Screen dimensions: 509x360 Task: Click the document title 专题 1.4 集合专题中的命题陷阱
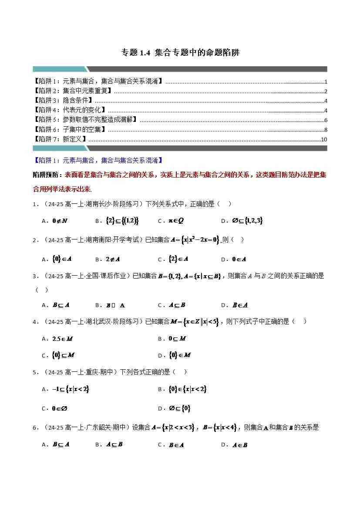pyautogui.click(x=180, y=53)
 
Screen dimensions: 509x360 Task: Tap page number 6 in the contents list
pyautogui.click(x=326, y=120)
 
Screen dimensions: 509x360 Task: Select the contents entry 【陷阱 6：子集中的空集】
pyautogui.click(x=69, y=130)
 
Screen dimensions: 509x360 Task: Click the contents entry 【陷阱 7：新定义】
pyautogui.click(x=60, y=139)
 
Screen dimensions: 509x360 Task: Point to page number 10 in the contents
pyautogui.click(x=324, y=139)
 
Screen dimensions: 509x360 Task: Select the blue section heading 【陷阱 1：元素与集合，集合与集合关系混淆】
pyautogui.click(x=98, y=160)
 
